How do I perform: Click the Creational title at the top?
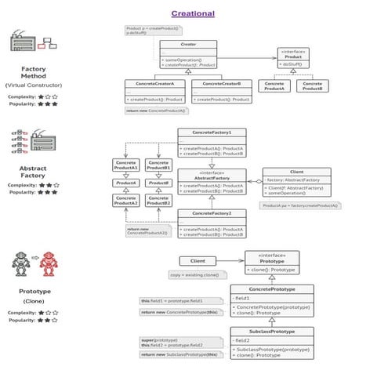click(193, 13)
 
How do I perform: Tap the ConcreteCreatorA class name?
click(154, 82)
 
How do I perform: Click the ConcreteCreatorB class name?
click(221, 82)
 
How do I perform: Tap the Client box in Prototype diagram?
click(198, 260)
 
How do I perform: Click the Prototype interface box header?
click(271, 258)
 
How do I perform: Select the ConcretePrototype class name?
click(271, 289)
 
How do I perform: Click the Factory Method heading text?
click(33, 73)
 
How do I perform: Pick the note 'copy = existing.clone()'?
click(194, 275)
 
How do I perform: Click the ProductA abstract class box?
click(126, 183)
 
